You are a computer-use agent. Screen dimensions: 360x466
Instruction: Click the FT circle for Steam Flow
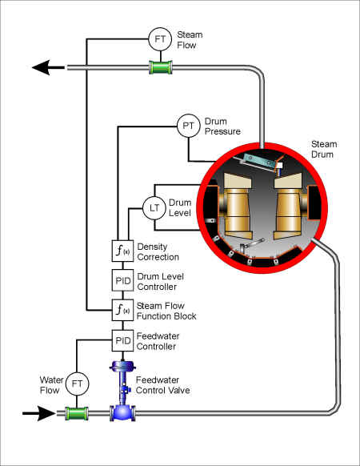coord(160,39)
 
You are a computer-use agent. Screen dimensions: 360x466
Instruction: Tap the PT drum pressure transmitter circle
coord(188,126)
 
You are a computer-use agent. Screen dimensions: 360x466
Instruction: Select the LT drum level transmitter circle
coord(154,208)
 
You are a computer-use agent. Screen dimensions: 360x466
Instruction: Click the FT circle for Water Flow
coord(77,384)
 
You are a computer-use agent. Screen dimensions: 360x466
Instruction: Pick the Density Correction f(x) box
coord(122,251)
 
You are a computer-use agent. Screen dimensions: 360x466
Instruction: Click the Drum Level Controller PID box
coord(122,280)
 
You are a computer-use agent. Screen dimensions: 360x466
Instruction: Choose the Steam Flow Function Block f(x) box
coord(122,310)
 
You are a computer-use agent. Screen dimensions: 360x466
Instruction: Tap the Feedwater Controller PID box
coord(122,340)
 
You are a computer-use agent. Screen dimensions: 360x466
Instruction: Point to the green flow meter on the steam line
coord(160,67)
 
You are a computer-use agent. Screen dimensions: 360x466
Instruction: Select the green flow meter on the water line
coord(77,413)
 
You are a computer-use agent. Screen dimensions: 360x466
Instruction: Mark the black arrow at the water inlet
coord(39,413)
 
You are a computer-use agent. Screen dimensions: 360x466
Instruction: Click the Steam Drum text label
coord(324,149)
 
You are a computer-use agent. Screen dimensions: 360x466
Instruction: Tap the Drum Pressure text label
coord(222,127)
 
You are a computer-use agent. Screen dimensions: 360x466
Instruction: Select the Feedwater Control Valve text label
coord(162,385)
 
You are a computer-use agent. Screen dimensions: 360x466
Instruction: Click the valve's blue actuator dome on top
coord(122,366)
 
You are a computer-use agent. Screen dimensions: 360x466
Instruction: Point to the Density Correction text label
coord(158,251)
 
